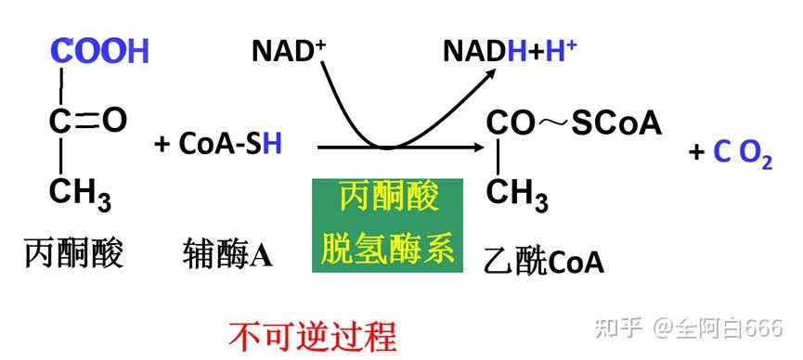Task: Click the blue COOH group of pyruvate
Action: click(99, 51)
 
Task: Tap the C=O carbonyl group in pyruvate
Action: click(88, 120)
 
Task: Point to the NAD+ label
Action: click(289, 51)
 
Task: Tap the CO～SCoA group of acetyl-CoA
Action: click(574, 123)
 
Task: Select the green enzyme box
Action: click(387, 225)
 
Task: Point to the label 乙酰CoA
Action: click(544, 262)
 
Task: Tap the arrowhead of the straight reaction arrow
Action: click(479, 147)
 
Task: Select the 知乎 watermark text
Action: click(621, 328)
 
